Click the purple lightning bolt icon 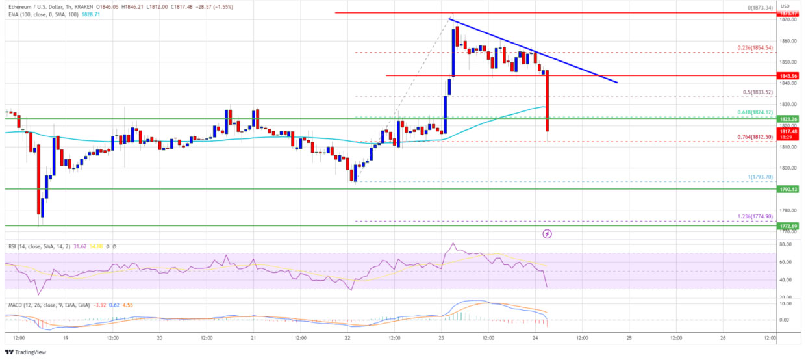548,233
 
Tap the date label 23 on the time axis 440,339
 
